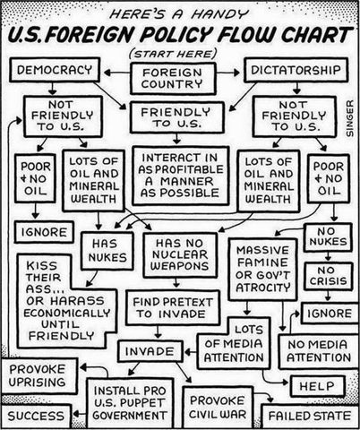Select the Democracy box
pyautogui.click(x=56, y=69)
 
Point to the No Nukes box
pyautogui.click(x=326, y=238)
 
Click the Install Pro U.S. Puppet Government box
pyautogui.click(x=133, y=401)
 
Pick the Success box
pyautogui.click(x=38, y=417)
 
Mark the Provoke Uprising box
pyautogui.click(x=40, y=376)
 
